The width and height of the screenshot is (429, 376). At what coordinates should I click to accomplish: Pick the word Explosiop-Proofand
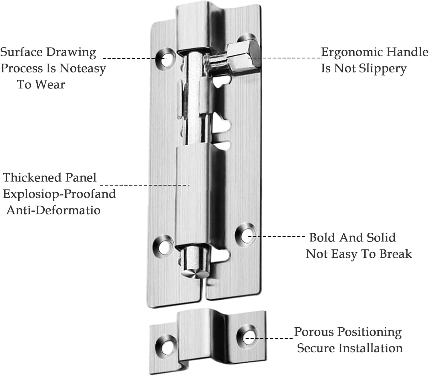[x=59, y=194]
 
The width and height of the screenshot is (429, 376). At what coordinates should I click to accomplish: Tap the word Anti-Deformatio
[x=53, y=210]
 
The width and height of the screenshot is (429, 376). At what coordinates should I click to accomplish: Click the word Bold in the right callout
[x=322, y=237]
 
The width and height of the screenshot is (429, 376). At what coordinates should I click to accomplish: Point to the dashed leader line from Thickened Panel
[x=145, y=185]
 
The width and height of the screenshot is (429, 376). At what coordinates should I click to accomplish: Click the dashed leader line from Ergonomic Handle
[x=285, y=58]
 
